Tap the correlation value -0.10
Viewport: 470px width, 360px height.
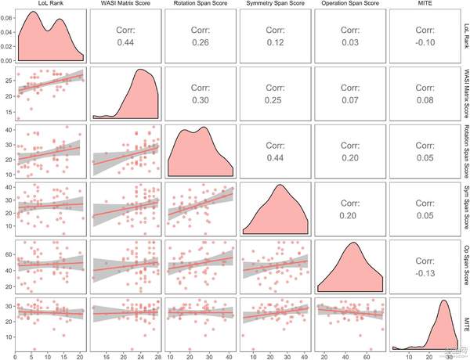[x=425, y=42]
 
